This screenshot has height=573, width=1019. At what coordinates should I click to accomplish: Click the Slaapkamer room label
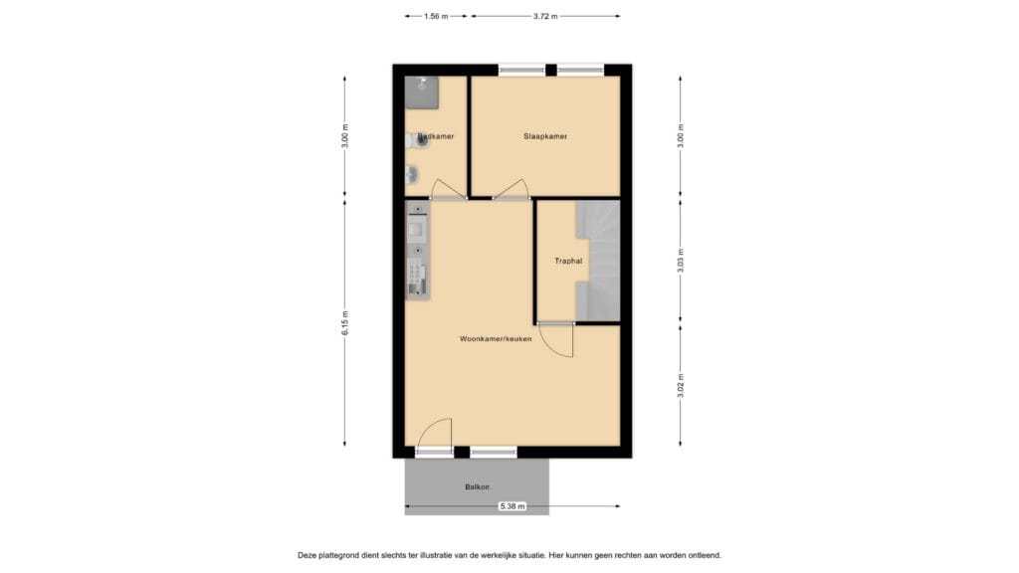tap(545, 136)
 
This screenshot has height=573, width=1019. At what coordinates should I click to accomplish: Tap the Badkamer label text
tap(436, 136)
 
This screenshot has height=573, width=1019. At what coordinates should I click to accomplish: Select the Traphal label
tap(568, 262)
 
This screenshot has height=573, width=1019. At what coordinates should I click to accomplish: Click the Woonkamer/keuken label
tap(496, 339)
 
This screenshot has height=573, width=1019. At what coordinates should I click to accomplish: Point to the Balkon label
tap(477, 486)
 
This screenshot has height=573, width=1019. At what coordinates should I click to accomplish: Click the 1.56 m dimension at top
tap(435, 16)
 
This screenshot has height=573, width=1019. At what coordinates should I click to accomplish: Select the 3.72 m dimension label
tap(545, 16)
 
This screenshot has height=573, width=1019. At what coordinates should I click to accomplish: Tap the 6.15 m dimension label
tap(345, 323)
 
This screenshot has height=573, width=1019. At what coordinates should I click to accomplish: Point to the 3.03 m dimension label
tap(681, 261)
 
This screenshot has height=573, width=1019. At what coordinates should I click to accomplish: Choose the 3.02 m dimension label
tap(681, 386)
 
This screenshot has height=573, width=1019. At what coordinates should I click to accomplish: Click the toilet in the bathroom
tap(419, 141)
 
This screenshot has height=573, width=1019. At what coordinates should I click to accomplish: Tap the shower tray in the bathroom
tap(422, 91)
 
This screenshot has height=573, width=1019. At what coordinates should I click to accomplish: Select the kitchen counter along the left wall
tap(417, 250)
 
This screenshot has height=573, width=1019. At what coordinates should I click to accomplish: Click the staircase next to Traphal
tap(598, 261)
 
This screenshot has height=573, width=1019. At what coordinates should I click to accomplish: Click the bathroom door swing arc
tap(447, 188)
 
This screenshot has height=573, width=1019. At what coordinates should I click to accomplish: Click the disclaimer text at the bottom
tap(509, 555)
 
